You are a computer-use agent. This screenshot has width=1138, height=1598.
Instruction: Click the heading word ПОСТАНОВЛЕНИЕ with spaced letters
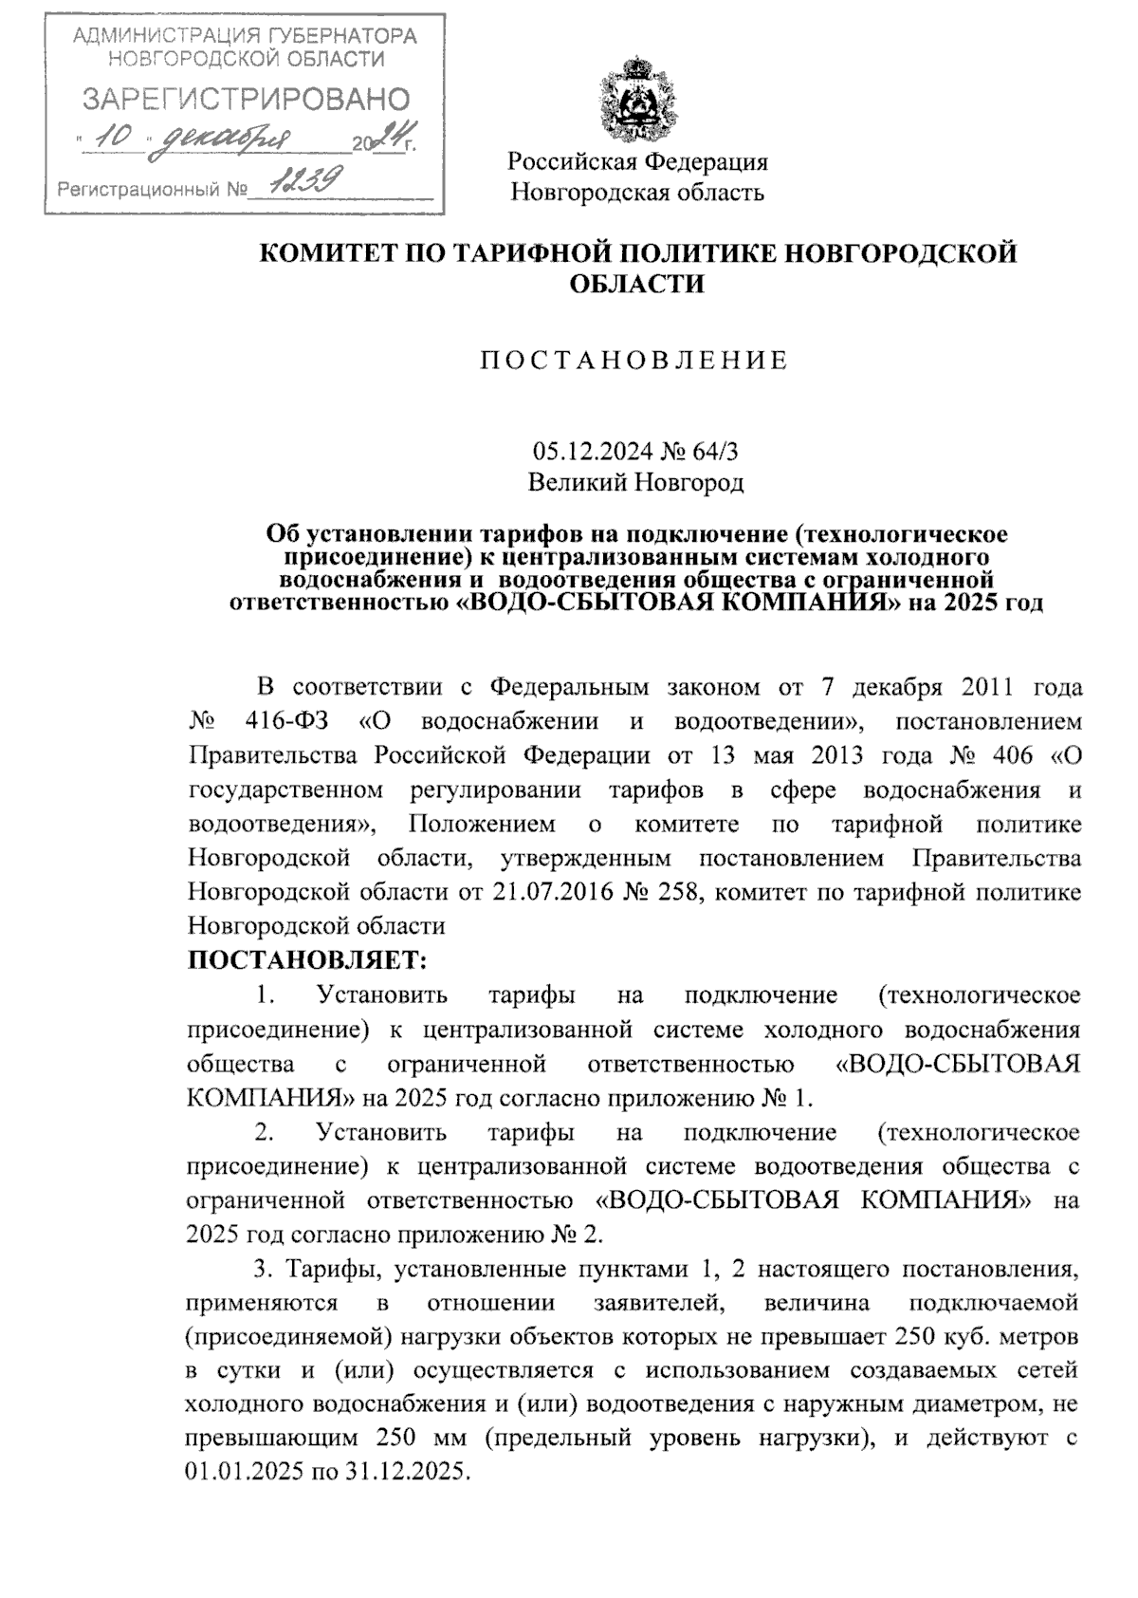click(x=634, y=361)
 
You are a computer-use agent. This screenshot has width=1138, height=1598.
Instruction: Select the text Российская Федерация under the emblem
click(x=637, y=161)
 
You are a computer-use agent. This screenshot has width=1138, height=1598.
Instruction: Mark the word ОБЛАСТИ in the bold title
click(x=636, y=284)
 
